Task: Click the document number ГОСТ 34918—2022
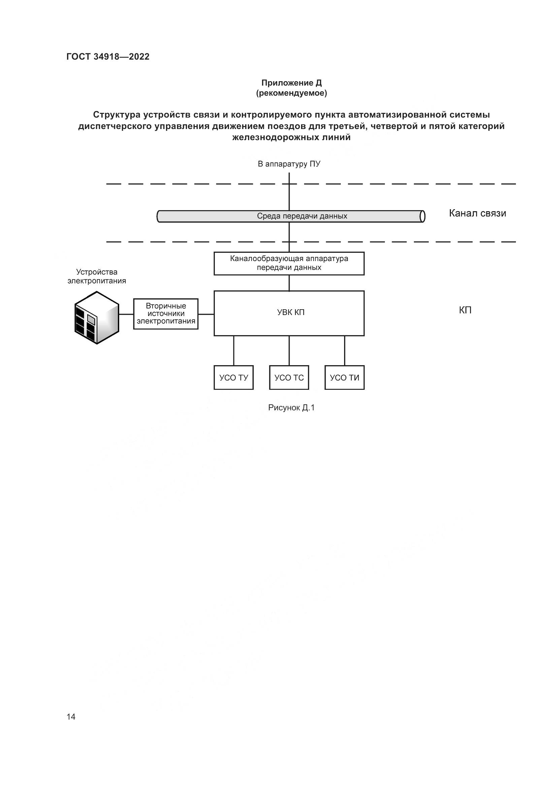(108, 57)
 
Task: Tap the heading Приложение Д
(292, 83)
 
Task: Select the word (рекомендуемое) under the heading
(292, 93)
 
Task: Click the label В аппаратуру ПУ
(289, 164)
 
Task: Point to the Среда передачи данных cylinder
(291, 216)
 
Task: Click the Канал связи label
(478, 214)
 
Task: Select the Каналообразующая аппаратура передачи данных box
(289, 263)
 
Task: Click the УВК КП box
(289, 313)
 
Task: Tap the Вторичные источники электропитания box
(166, 314)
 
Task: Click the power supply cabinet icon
(97, 317)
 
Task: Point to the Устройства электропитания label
(97, 276)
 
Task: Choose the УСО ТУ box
(234, 378)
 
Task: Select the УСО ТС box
(289, 378)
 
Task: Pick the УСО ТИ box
(345, 378)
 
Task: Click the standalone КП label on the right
(465, 310)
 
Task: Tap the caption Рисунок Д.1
(291, 408)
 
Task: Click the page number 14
(71, 717)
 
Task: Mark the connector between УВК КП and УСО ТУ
(234, 350)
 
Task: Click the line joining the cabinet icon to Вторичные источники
(126, 314)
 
